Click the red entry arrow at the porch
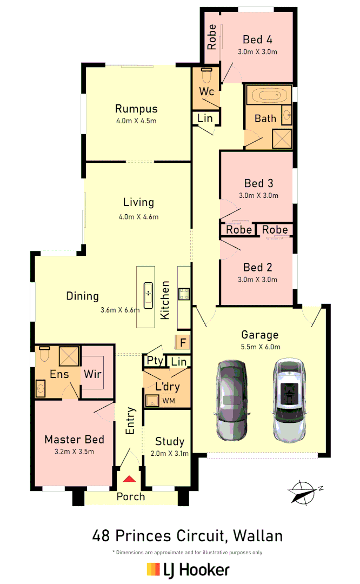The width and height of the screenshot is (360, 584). click(129, 479)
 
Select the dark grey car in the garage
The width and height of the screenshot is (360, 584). click(231, 400)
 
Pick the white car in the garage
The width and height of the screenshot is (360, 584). click(290, 400)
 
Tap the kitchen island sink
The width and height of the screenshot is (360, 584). click(148, 295)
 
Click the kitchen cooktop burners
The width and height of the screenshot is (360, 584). click(184, 294)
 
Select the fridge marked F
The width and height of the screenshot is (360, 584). click(182, 342)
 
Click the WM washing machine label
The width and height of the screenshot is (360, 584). click(169, 401)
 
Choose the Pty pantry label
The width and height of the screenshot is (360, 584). click(155, 361)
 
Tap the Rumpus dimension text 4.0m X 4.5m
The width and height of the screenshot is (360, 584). click(136, 121)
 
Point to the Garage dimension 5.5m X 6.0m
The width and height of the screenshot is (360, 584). click(261, 347)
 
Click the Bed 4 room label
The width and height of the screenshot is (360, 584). click(257, 39)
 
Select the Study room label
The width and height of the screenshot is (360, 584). click(170, 442)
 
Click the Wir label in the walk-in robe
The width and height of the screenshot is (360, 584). click(92, 374)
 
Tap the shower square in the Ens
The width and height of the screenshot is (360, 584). click(69, 356)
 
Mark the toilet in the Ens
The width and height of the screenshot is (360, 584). click(45, 354)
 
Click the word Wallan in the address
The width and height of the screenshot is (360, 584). click(258, 535)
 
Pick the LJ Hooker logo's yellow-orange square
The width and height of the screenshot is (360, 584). click(154, 569)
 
